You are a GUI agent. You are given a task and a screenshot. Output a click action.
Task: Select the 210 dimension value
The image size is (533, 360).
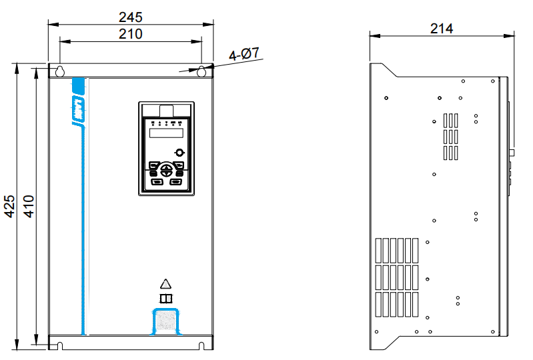pyautogui.click(x=130, y=33)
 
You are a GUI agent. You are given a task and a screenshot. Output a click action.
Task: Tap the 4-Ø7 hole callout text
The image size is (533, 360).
pyautogui.click(x=245, y=56)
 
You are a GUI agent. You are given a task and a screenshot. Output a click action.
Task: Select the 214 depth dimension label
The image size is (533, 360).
pyautogui.click(x=442, y=28)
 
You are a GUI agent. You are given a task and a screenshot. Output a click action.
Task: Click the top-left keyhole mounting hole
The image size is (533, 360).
pyautogui.click(x=59, y=71)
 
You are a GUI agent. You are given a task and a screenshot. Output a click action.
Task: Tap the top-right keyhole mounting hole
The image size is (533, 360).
pyautogui.click(x=201, y=71)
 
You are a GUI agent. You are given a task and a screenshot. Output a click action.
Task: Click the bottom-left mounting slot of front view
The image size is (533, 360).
pyautogui.click(x=59, y=345)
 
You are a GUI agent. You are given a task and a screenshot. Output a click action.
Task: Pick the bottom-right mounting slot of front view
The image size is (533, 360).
pyautogui.click(x=201, y=345)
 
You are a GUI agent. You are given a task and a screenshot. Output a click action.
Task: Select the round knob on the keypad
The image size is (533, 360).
pyautogui.click(x=179, y=153)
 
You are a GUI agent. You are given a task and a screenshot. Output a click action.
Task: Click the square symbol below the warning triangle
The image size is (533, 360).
pyautogui.click(x=166, y=298)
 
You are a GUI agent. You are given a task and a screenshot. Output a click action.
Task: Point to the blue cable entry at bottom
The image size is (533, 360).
pyautogui.click(x=166, y=321)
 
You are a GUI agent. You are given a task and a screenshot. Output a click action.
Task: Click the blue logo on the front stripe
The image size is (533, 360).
pyautogui.click(x=78, y=109)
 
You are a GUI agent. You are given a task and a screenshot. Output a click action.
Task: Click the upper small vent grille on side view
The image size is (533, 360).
pyautogui.click(x=452, y=137)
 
